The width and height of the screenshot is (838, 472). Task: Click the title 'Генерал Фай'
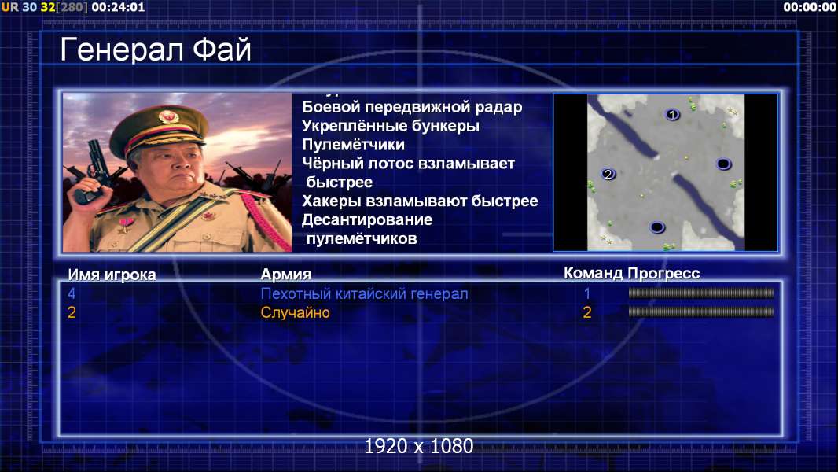coord(156,50)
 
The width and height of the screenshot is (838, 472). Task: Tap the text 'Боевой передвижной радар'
coord(412,107)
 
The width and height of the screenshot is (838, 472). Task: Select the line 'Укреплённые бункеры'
coord(391,126)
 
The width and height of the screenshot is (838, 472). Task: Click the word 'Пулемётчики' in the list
coord(353,144)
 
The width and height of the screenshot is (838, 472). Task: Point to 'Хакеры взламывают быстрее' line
coord(420,201)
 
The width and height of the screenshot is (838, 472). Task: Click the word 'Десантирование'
coord(367,219)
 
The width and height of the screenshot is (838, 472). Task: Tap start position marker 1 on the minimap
coord(672,114)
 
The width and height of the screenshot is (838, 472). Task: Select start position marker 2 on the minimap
coord(608,174)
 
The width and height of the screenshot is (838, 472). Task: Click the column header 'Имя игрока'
coord(112,275)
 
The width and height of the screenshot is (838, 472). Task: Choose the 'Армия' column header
coord(286,275)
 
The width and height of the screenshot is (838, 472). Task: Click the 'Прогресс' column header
coord(663,274)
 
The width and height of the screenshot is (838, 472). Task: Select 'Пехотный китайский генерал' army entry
coord(365,293)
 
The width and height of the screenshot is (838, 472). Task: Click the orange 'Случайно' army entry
coord(295,312)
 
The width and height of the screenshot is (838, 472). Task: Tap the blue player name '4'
coord(72,293)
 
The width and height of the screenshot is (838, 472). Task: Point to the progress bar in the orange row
coord(701,312)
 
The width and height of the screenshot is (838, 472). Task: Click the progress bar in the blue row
coord(701,293)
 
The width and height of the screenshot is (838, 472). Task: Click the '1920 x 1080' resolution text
coord(419,446)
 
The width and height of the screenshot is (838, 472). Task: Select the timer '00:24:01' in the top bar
coord(118,8)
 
